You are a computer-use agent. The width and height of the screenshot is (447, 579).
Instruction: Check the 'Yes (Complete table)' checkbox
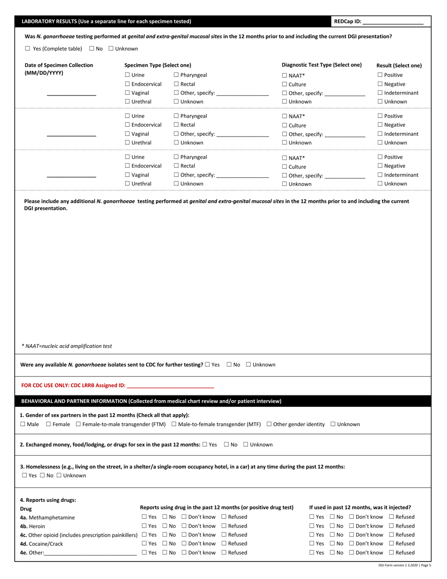[x=27, y=48]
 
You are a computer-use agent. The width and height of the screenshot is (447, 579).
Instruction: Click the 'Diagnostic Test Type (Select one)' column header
[x=321, y=65]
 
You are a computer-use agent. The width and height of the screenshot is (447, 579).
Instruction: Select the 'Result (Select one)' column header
[x=399, y=65]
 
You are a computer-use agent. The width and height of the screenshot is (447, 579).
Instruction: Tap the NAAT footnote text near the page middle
[x=67, y=346]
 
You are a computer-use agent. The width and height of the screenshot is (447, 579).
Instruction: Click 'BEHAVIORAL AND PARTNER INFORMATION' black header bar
[x=151, y=401]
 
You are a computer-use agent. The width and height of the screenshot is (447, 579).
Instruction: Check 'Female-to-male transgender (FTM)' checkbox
[x=79, y=424]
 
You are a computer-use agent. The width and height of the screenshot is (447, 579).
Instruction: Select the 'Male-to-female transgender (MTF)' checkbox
[x=174, y=424]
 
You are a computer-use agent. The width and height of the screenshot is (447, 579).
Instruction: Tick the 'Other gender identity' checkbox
[x=269, y=424]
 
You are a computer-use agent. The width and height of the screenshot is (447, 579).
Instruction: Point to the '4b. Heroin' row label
[x=32, y=526]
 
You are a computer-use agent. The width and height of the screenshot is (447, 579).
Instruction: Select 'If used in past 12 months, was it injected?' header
[x=360, y=507]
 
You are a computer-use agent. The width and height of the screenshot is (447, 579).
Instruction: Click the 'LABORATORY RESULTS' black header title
[x=106, y=21]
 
